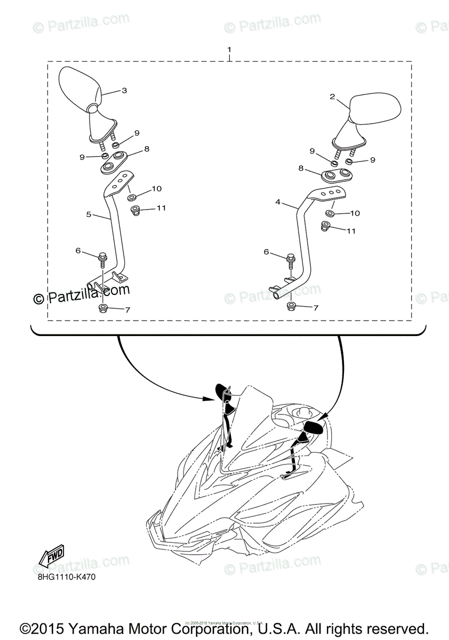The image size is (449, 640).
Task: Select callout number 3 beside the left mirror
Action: pos(124,91)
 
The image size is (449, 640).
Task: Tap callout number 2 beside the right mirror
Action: pos(332,97)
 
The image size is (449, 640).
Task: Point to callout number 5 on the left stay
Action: pos(89,214)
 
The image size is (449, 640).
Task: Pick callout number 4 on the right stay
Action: pos(278,203)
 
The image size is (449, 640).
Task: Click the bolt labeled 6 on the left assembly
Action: pos(101,260)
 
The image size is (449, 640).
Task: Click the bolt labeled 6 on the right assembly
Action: pos(291,261)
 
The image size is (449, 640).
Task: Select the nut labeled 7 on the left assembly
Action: pos(103,308)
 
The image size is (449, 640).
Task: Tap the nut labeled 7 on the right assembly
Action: pos(292,307)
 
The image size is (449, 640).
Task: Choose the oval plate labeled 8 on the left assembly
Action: pos(113,162)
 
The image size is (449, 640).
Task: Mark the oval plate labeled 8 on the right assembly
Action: pos(335,175)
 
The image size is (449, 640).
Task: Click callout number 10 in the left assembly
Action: pos(156,189)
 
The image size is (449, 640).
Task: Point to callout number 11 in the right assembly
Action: pos(351,231)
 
